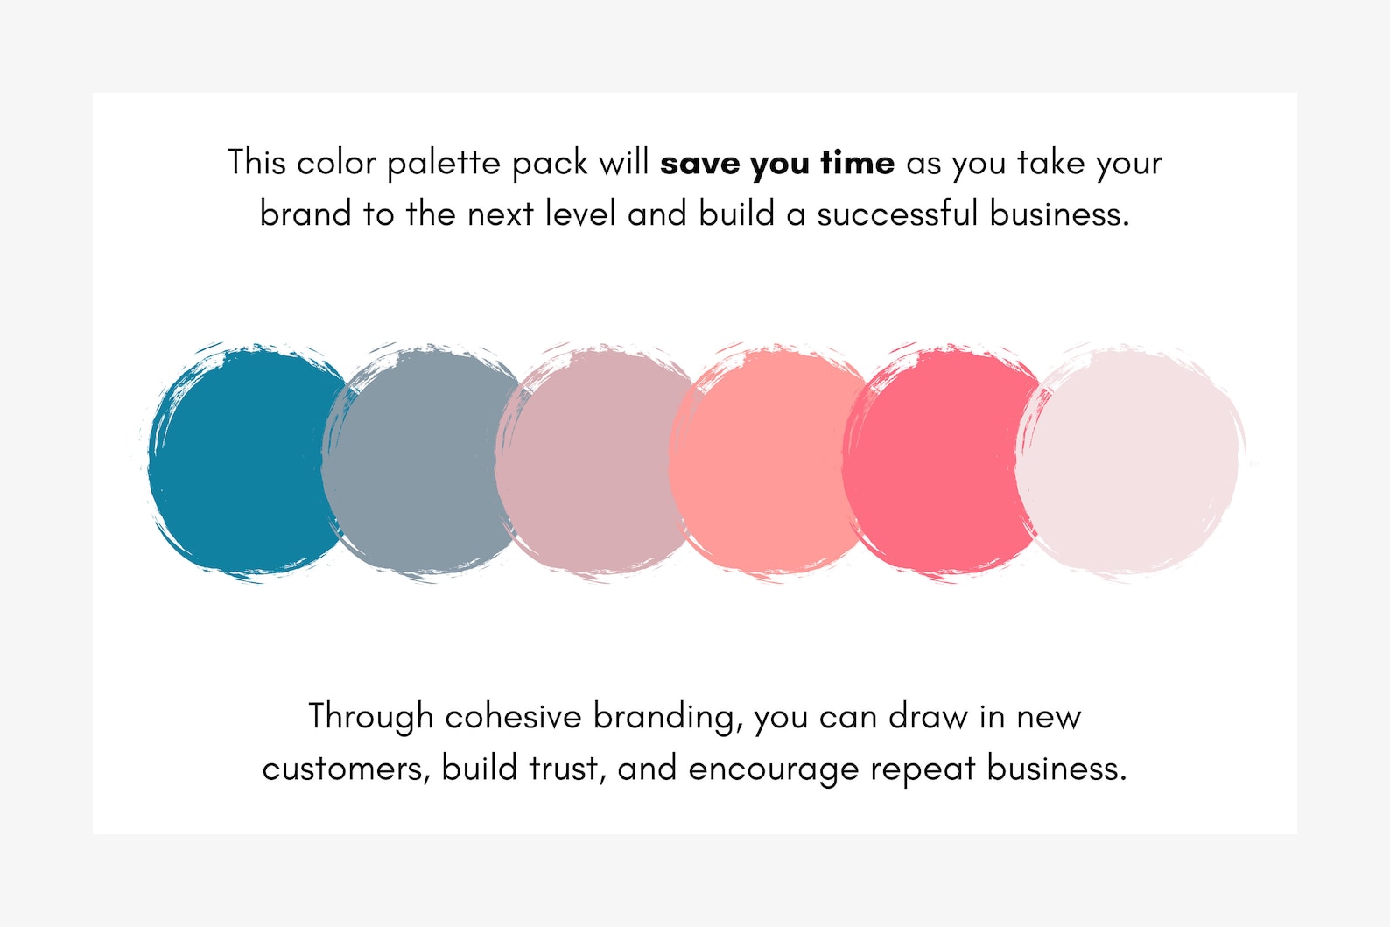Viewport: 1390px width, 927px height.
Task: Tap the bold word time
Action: (857, 164)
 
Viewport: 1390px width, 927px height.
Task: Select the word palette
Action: (443, 164)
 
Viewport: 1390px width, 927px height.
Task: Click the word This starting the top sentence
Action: (256, 163)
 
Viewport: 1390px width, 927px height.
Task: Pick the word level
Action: (580, 214)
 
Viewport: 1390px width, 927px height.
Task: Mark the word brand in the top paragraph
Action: (305, 214)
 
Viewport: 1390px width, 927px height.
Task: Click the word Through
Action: (370, 717)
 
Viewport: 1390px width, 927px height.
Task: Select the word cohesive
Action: (513, 717)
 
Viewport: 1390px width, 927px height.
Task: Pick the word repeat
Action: (923, 769)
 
